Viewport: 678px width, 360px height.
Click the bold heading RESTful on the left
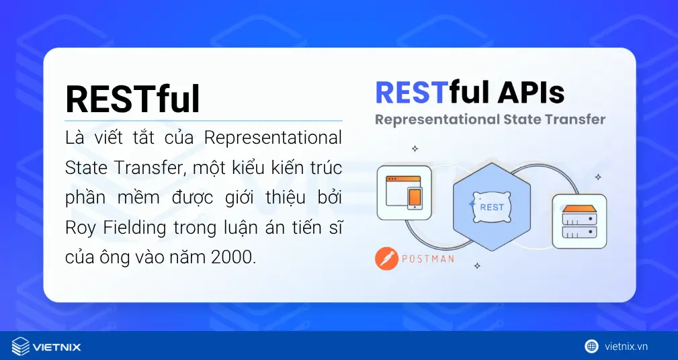pos(132,100)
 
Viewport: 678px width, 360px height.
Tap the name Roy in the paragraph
pos(79,228)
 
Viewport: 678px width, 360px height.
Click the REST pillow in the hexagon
pos(491,207)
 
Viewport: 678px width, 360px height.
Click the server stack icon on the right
pos(579,222)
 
